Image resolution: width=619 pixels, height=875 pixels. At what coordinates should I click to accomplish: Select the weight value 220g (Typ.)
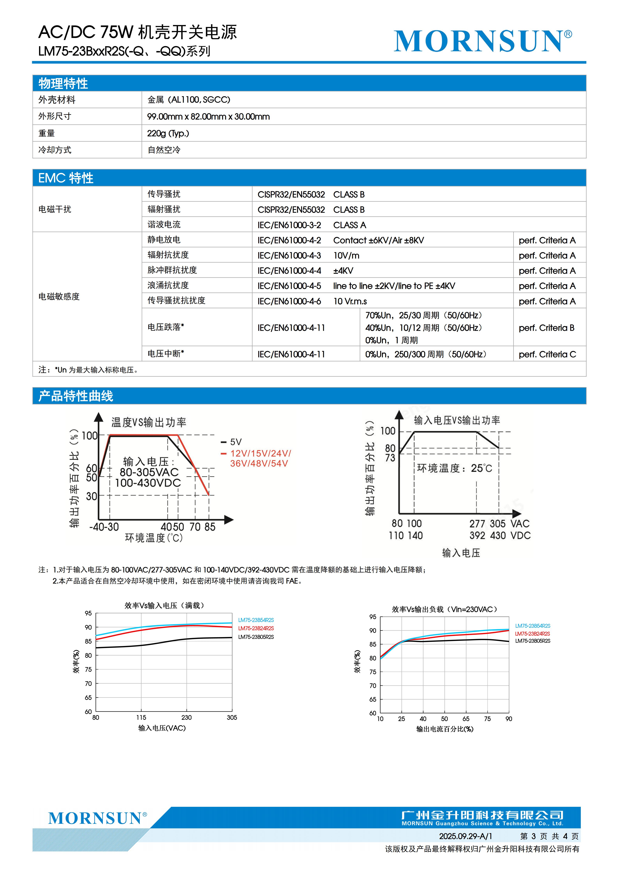(168, 133)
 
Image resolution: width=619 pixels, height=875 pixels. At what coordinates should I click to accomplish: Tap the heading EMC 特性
(66, 178)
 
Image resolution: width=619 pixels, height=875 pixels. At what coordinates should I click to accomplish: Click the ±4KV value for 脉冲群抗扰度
(343, 271)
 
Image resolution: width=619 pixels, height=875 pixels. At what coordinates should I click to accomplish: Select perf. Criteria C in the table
(547, 354)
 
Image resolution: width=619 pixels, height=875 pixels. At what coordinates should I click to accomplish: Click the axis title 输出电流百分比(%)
(445, 729)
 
